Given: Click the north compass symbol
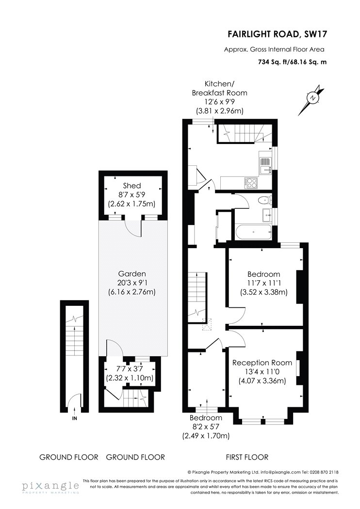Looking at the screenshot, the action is coord(312,98).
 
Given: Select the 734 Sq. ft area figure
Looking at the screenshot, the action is coord(272,62).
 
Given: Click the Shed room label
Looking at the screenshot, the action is coord(132,186).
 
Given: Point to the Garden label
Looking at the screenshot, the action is coord(132,274).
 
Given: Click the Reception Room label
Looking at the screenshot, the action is coord(262,363).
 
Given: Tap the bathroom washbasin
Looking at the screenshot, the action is coord(267,215).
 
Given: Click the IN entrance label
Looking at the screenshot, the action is coord(74,418).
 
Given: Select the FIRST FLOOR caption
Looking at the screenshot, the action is coord(247,457).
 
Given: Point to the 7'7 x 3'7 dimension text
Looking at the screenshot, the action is coord(130,368).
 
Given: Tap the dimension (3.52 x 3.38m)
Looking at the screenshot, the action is coord(263,292).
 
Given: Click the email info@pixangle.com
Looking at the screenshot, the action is coord(280,472).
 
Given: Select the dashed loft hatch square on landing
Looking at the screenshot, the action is coord(207,324).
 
